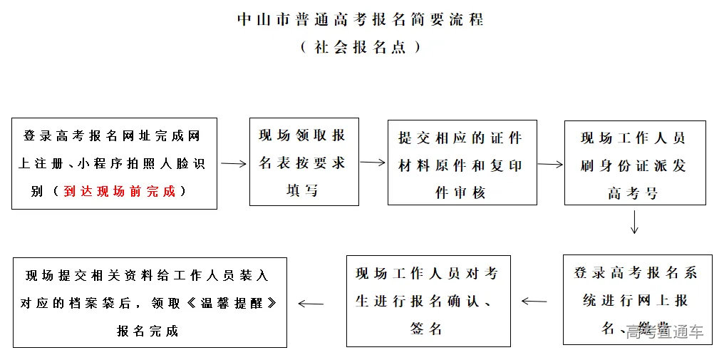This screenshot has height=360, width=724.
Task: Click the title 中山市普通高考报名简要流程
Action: pyautogui.click(x=361, y=19)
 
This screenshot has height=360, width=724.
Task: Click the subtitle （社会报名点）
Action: pyautogui.click(x=361, y=47)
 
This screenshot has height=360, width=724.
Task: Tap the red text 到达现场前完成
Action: pyautogui.click(x=119, y=191)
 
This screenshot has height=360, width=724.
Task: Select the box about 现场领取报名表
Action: pyautogui.click(x=304, y=162)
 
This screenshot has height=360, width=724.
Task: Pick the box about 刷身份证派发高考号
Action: pyautogui.click(x=634, y=163)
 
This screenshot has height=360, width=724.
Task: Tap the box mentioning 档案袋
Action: pyautogui.click(x=150, y=302)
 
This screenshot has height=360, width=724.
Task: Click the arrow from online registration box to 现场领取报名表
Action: pyautogui.click(x=233, y=163)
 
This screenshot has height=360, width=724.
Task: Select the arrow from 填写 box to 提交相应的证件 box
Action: pyautogui.click(x=373, y=162)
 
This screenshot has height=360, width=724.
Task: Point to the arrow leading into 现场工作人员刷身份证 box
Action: pyautogui.click(x=550, y=163)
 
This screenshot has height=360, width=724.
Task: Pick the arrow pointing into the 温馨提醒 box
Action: pyautogui.click(x=311, y=304)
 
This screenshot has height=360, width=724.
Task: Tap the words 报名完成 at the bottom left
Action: pyautogui.click(x=148, y=330)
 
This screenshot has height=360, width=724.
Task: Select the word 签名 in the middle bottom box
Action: pyautogui.click(x=427, y=328)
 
